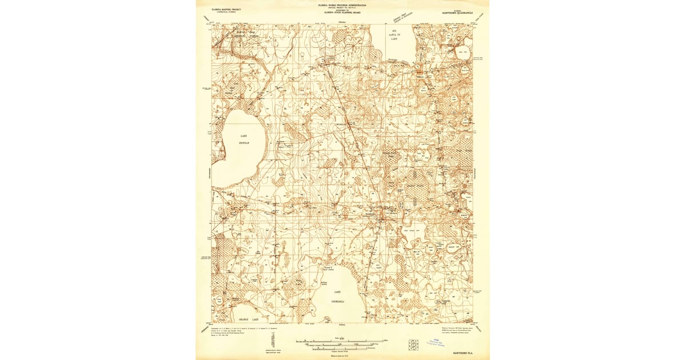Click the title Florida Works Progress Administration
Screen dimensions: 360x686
pyautogui.click(x=342, y=5)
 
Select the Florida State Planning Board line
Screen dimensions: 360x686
pyautogui.click(x=342, y=13)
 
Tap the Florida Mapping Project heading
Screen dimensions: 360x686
pyautogui.click(x=226, y=9)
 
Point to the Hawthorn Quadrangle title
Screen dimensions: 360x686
pyautogui.click(x=458, y=12)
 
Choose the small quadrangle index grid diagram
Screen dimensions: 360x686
pyautogui.click(x=414, y=344)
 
